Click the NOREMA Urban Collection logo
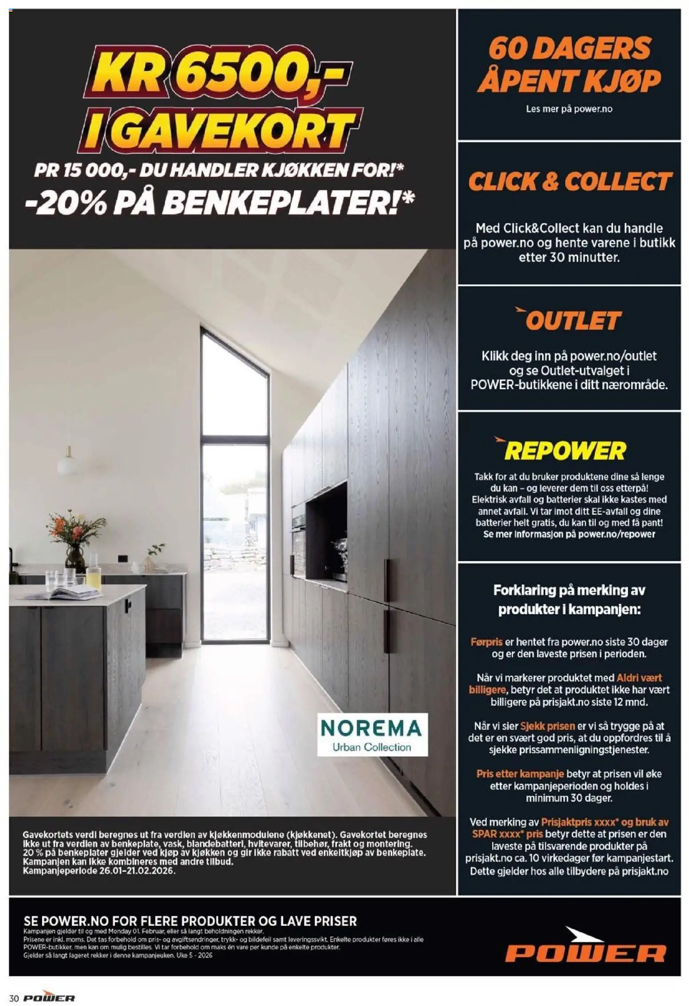point(372,734)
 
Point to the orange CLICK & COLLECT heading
point(569,181)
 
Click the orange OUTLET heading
point(573,320)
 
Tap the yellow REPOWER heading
point(565,451)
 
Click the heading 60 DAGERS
point(569,48)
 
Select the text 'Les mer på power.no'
point(569,109)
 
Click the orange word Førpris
point(486,642)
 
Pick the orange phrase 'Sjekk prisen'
point(548,726)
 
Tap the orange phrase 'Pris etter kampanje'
point(520,773)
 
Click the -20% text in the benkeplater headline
point(64,203)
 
